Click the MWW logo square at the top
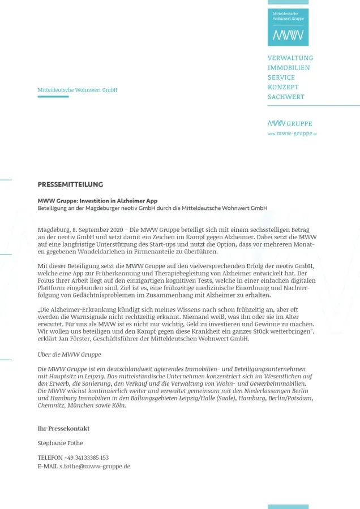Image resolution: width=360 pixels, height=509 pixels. click(288, 27)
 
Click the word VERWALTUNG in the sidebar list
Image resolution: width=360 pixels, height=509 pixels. click(290, 58)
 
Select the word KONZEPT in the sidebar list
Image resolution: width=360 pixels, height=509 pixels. click(283, 87)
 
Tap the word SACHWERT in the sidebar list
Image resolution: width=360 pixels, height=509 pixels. click(286, 97)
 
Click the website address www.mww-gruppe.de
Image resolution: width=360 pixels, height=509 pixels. click(292, 133)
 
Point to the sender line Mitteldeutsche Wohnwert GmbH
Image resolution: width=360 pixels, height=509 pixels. click(78, 90)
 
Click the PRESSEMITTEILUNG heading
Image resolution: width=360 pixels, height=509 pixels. click(70, 184)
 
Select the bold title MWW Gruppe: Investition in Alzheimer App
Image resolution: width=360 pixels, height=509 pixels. click(97, 201)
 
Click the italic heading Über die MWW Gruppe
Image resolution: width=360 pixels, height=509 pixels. click(69, 355)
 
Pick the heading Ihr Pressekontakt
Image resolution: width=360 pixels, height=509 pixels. click(63, 429)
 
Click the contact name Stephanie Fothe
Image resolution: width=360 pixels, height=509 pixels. click(60, 443)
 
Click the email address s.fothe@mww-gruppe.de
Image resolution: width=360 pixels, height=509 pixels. click(95, 467)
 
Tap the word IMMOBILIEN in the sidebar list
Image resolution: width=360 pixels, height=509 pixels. click(289, 68)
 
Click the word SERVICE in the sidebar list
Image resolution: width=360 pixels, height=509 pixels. click(281, 77)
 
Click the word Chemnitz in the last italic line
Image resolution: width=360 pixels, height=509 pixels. click(51, 406)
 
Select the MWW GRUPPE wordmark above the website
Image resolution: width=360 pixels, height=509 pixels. click(290, 123)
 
